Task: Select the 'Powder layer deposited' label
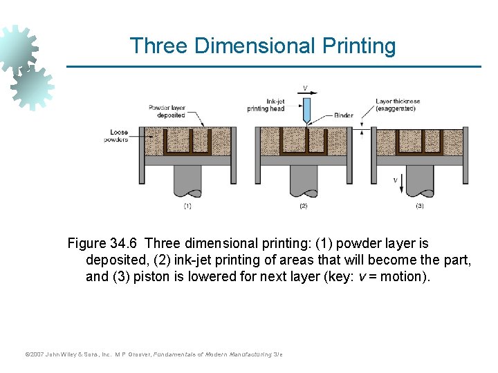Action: pyautogui.click(x=167, y=111)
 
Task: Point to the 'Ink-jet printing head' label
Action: pyautogui.click(x=266, y=105)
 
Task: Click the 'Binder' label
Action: pyautogui.click(x=343, y=115)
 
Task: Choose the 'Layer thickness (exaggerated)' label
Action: pyautogui.click(x=398, y=105)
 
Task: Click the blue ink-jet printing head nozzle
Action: pyautogui.click(x=306, y=111)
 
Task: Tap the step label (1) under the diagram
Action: pyautogui.click(x=187, y=206)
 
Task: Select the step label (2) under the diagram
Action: pyautogui.click(x=303, y=206)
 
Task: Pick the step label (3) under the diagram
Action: pyautogui.click(x=419, y=206)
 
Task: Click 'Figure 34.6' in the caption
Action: pyautogui.click(x=104, y=244)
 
